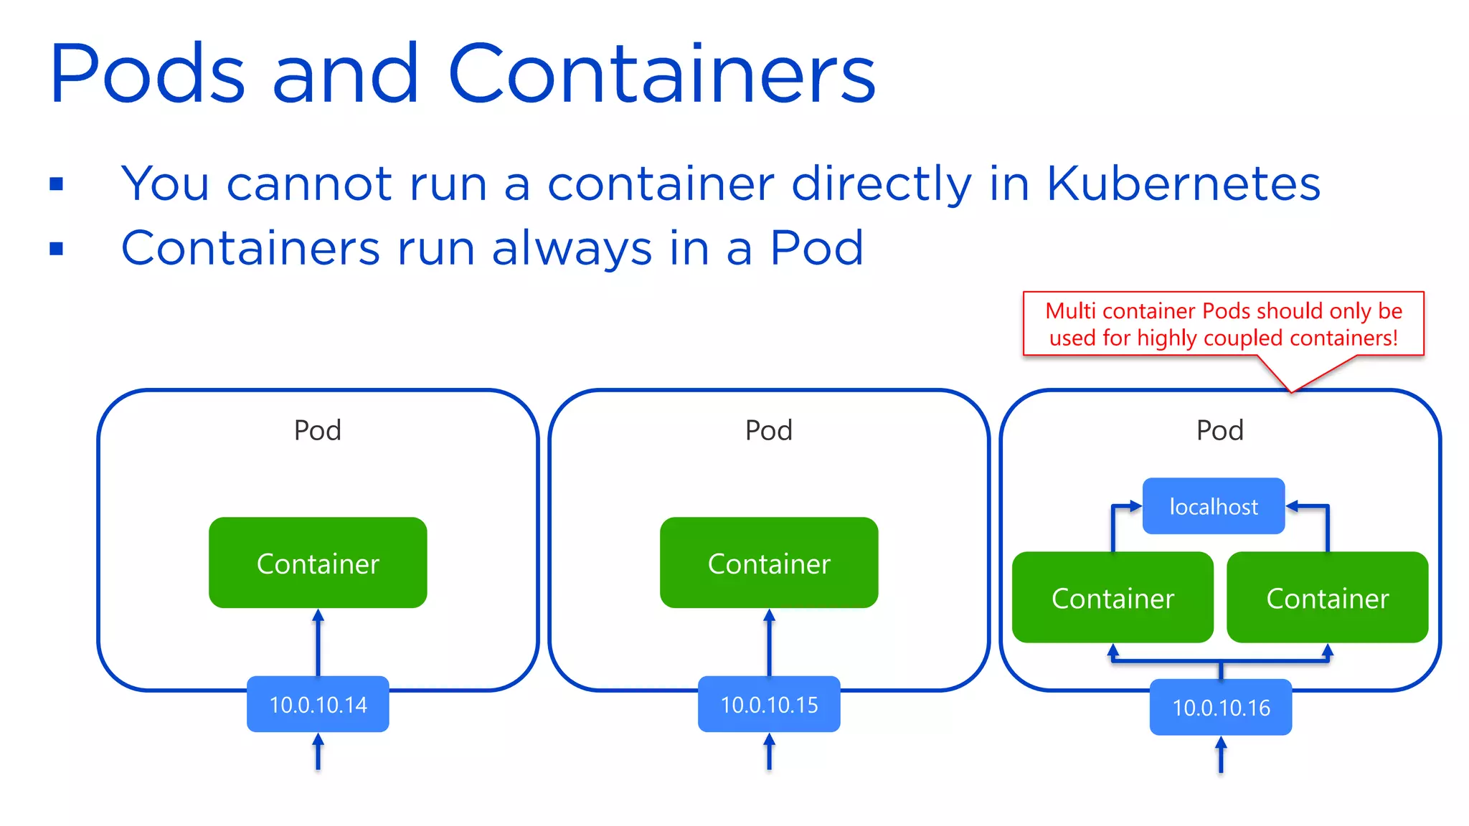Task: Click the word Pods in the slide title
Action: [x=147, y=74]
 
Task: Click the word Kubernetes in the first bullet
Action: [x=1183, y=184]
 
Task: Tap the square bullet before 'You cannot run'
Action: [x=57, y=184]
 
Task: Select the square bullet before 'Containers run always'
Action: [x=57, y=249]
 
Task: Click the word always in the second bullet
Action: [x=572, y=249]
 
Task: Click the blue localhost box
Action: [x=1213, y=506]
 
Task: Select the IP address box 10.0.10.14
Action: [x=318, y=704]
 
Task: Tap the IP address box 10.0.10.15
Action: [x=769, y=704]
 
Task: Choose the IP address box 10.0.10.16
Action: [x=1221, y=708]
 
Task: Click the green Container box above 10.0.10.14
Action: [x=318, y=563]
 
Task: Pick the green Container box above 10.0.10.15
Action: [x=769, y=563]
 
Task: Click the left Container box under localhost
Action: [x=1113, y=597]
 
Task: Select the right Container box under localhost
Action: [x=1327, y=597]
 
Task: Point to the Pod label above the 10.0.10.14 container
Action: [x=318, y=430]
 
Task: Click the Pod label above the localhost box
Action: [x=1219, y=430]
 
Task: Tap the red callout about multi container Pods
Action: [x=1223, y=324]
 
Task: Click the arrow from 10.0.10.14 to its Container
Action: [x=318, y=642]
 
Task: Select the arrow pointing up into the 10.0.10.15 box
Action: [x=769, y=751]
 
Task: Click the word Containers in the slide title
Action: [x=661, y=74]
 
